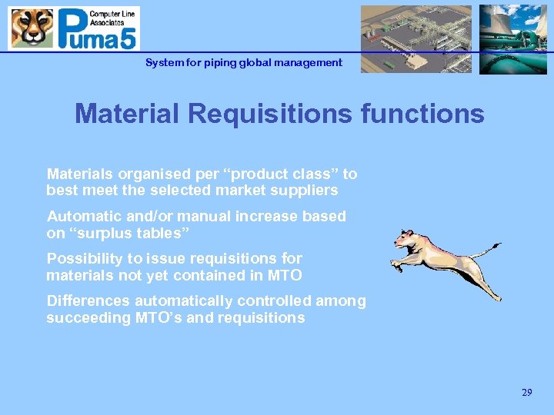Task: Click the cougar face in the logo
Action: click(32, 28)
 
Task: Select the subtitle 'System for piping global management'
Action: click(244, 62)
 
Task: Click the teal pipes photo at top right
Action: click(512, 38)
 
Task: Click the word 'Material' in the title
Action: click(128, 114)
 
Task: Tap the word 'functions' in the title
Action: click(417, 114)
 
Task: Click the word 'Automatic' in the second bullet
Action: click(83, 217)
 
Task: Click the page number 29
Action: click(526, 393)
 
